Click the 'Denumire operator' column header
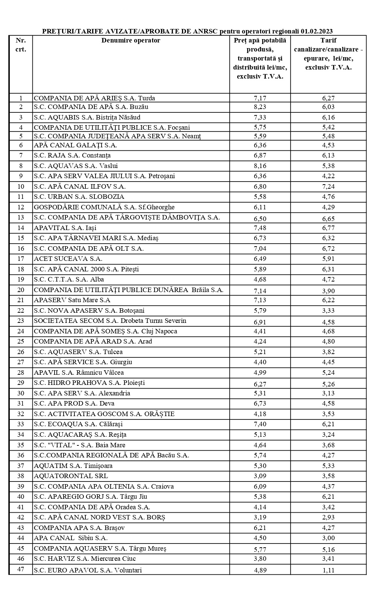(x=130, y=41)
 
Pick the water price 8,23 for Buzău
(x=260, y=107)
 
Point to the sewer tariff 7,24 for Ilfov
(x=328, y=186)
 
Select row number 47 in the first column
(x=21, y=569)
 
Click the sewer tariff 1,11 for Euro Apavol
(x=328, y=570)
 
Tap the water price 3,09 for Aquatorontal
(x=260, y=476)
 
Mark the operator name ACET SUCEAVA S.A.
(x=68, y=259)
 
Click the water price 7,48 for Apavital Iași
(x=260, y=228)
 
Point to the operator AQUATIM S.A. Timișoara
(x=73, y=466)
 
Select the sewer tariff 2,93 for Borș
(x=328, y=518)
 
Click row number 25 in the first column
(x=21, y=341)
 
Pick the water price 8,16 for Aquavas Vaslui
(x=260, y=166)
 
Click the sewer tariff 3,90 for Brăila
(x=328, y=291)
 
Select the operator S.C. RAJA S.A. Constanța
(x=72, y=155)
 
